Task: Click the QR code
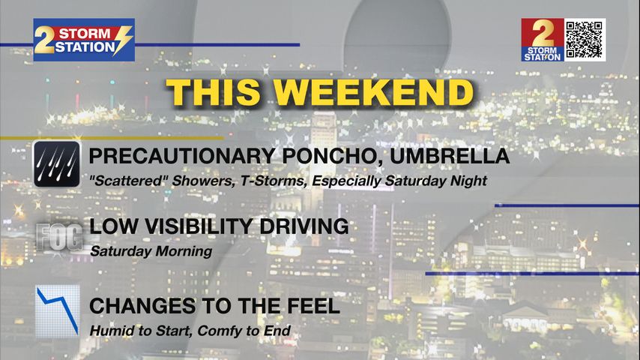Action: pos(585,40)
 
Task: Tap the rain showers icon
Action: pos(57,164)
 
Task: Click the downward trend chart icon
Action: pos(58,311)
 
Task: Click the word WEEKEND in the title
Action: pos(373,92)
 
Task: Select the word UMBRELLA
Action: pos(450,156)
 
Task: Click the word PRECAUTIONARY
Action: pos(182,156)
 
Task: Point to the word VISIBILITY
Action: pos(198,226)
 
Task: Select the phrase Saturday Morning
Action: pos(151,251)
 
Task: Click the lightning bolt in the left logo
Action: pos(123,40)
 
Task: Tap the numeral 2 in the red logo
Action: pos(543,33)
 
